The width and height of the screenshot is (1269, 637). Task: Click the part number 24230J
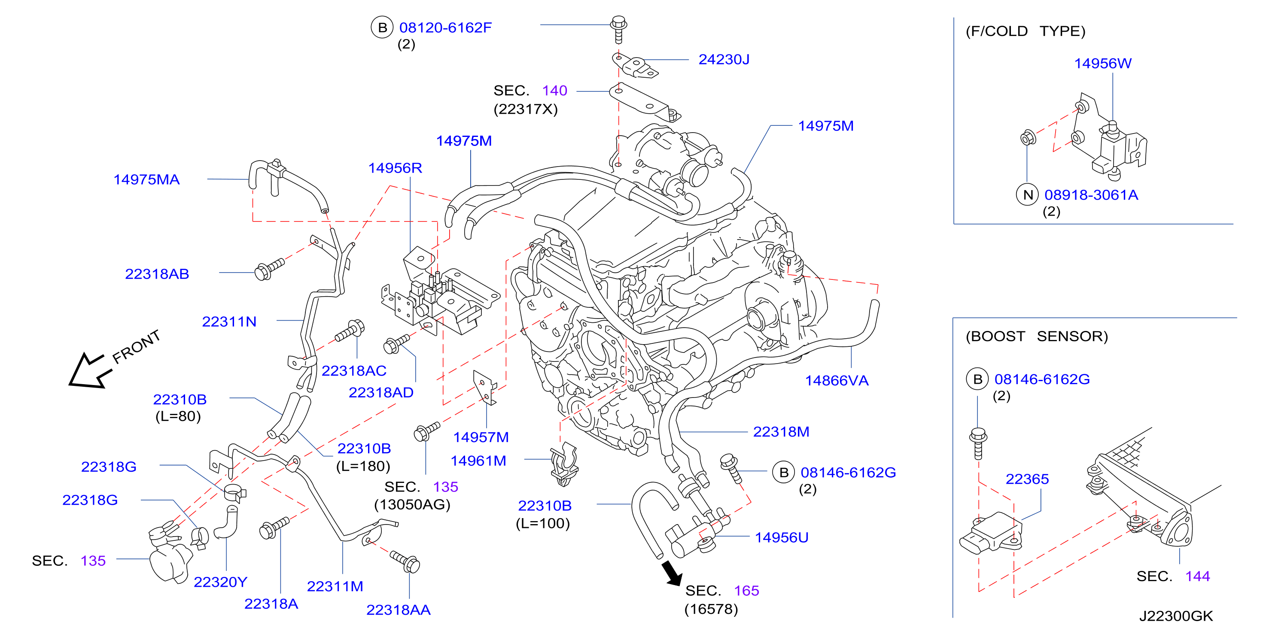coord(724,60)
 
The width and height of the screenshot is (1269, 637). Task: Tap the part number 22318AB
coord(157,274)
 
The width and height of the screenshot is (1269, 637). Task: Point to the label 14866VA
coord(837,381)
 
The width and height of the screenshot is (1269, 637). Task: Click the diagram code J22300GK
coord(1175,616)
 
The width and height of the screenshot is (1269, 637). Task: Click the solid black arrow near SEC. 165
coord(672,573)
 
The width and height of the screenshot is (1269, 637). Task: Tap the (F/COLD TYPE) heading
coord(1025,31)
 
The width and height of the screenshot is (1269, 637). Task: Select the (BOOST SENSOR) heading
coord(1037,336)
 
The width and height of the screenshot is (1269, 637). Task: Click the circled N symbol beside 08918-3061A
coord(1028,195)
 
